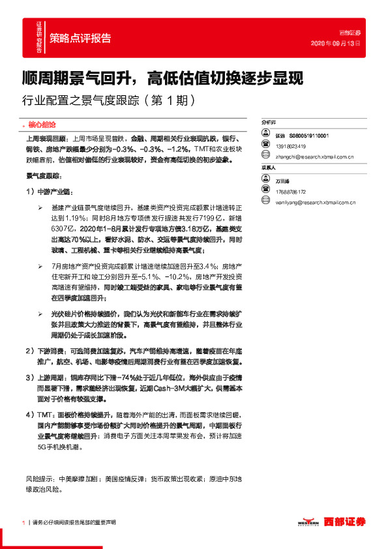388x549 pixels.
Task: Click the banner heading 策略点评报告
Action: coord(80,37)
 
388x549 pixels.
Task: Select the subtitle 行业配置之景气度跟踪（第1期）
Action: coord(108,101)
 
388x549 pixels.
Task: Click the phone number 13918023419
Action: coord(290,146)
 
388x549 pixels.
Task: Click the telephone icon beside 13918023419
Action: coord(266,146)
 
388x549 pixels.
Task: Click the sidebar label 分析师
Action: coord(269,122)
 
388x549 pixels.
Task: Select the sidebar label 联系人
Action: coord(269,168)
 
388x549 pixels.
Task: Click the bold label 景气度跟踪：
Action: coord(43,176)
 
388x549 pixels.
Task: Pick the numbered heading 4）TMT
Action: coord(40,414)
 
